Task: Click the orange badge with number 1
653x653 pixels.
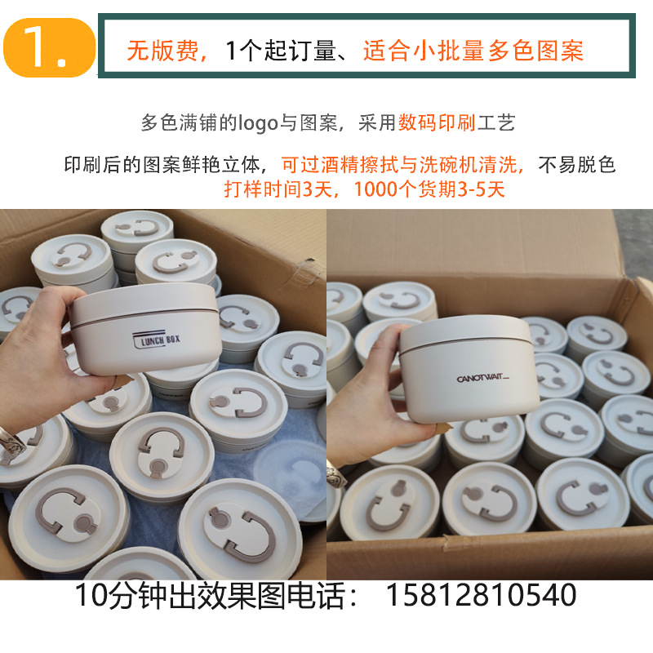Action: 49,47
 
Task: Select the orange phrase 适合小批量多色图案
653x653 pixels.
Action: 473,51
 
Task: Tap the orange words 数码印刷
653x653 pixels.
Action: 437,123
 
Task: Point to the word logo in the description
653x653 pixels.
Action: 258,124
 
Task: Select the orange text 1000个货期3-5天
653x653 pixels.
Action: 429,189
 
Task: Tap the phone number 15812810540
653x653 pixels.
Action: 481,595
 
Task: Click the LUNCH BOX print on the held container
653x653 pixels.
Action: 157,340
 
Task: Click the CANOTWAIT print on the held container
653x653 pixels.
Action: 482,378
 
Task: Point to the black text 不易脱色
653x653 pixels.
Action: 577,165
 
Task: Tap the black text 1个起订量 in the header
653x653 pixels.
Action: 280,51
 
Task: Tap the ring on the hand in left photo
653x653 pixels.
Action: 11,442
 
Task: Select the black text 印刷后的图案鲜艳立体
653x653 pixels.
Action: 162,165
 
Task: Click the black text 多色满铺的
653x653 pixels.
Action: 189,123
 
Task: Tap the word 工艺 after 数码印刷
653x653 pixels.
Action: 496,123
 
